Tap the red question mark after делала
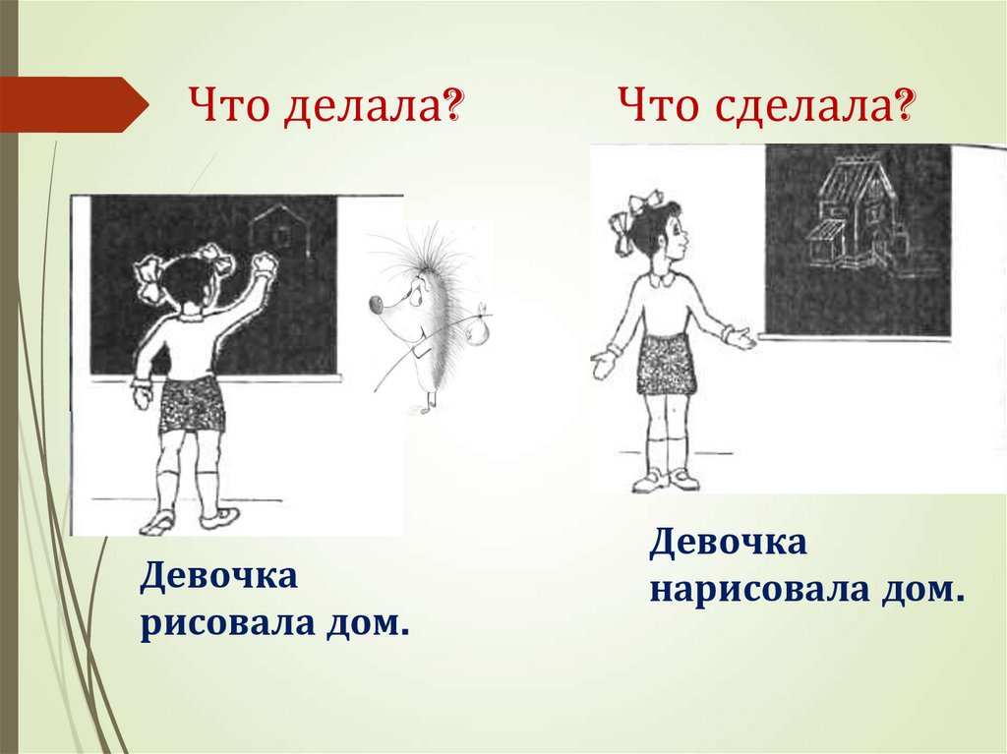click(454, 102)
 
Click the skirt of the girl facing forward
click(666, 364)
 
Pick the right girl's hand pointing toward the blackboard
click(740, 338)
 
